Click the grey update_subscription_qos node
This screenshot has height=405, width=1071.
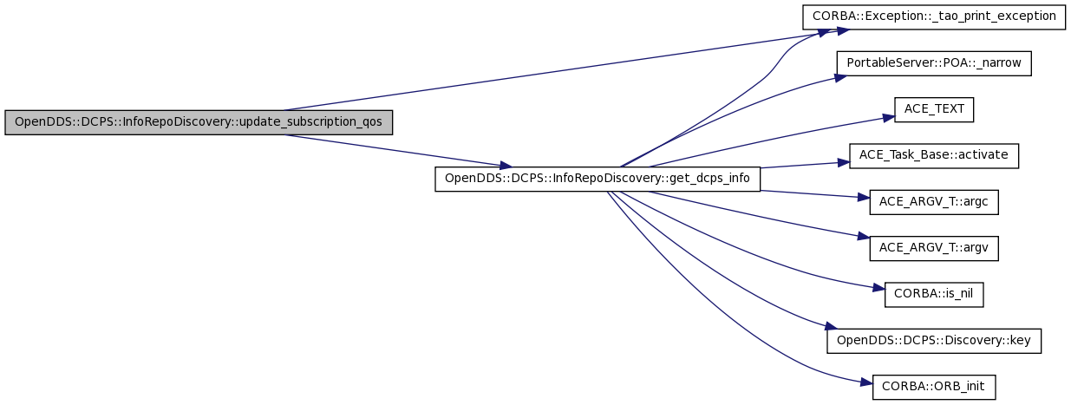(199, 122)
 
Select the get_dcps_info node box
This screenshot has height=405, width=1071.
(598, 179)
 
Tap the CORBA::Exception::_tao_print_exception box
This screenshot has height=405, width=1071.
(934, 17)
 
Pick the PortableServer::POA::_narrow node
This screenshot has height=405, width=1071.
(934, 63)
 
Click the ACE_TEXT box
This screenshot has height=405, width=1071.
(934, 109)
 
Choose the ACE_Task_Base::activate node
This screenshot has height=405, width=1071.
(934, 156)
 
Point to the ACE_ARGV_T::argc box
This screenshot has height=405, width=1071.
(934, 202)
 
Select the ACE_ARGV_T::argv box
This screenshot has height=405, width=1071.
(934, 248)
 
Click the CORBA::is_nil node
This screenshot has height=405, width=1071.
(934, 295)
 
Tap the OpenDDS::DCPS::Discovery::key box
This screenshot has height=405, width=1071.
(934, 341)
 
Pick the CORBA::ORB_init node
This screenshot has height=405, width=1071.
(934, 388)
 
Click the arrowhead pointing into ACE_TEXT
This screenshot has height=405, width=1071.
(888, 118)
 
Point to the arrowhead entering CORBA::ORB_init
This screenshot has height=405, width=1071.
(867, 382)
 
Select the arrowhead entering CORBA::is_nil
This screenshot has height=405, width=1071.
(879, 288)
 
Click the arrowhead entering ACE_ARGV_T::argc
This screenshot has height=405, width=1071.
(864, 197)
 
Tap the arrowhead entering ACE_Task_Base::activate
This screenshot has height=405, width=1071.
(844, 163)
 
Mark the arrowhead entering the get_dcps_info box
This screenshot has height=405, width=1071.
(506, 166)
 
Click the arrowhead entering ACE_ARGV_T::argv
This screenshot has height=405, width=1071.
(864, 237)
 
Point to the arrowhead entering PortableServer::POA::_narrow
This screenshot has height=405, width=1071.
(840, 77)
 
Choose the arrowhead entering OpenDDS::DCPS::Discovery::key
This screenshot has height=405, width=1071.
(832, 327)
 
